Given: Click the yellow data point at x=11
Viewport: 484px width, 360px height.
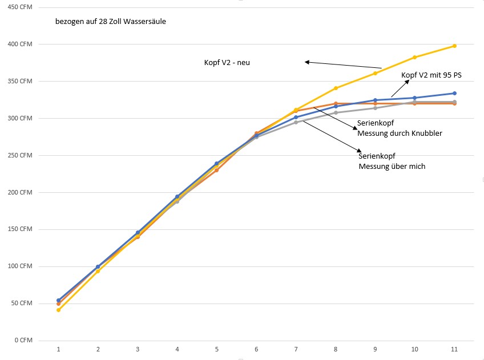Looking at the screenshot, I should (x=454, y=46).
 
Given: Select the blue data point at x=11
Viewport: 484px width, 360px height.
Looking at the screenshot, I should (x=454, y=93).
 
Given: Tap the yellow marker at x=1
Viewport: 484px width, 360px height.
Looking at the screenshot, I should (x=58, y=310).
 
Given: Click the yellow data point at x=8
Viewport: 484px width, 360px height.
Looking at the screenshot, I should (x=336, y=88).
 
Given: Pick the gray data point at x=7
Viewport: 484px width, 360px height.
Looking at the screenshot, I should (x=296, y=122).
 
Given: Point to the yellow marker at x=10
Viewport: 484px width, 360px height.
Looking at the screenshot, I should (x=415, y=57).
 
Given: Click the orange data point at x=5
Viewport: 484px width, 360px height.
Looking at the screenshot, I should (x=217, y=170).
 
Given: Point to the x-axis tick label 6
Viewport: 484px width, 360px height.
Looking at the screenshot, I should (x=256, y=349).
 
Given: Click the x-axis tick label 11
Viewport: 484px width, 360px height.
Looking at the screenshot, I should (x=454, y=349).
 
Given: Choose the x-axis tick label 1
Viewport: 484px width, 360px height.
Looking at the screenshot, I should (x=58, y=349).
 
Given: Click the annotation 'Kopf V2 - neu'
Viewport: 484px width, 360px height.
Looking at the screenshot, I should (x=227, y=63).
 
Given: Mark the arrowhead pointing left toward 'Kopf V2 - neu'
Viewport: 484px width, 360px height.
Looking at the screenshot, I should (x=307, y=62).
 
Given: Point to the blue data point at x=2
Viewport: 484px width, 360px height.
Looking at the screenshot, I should (x=98, y=266).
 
